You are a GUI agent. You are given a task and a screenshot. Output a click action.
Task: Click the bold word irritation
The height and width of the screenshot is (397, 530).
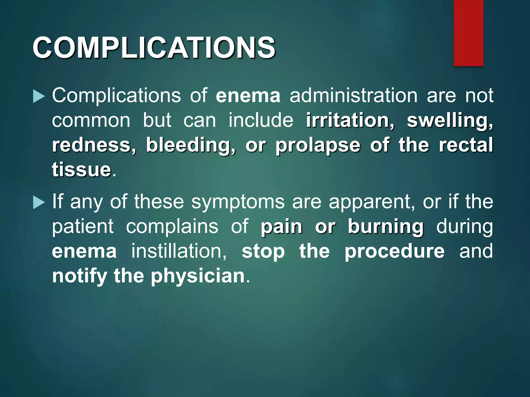tap(350, 120)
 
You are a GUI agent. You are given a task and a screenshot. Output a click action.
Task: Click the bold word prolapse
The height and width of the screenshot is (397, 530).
tap(318, 145)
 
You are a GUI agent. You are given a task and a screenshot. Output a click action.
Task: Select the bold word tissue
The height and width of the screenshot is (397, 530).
tap(82, 170)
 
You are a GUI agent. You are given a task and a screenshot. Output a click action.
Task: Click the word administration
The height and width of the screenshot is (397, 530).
tap(353, 96)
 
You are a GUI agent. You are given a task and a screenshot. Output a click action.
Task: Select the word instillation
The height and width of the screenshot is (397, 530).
tap(179, 251)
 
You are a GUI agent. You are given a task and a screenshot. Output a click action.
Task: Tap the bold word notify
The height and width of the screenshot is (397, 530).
tap(79, 276)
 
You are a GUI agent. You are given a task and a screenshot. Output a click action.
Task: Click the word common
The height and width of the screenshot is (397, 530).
tap(91, 120)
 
